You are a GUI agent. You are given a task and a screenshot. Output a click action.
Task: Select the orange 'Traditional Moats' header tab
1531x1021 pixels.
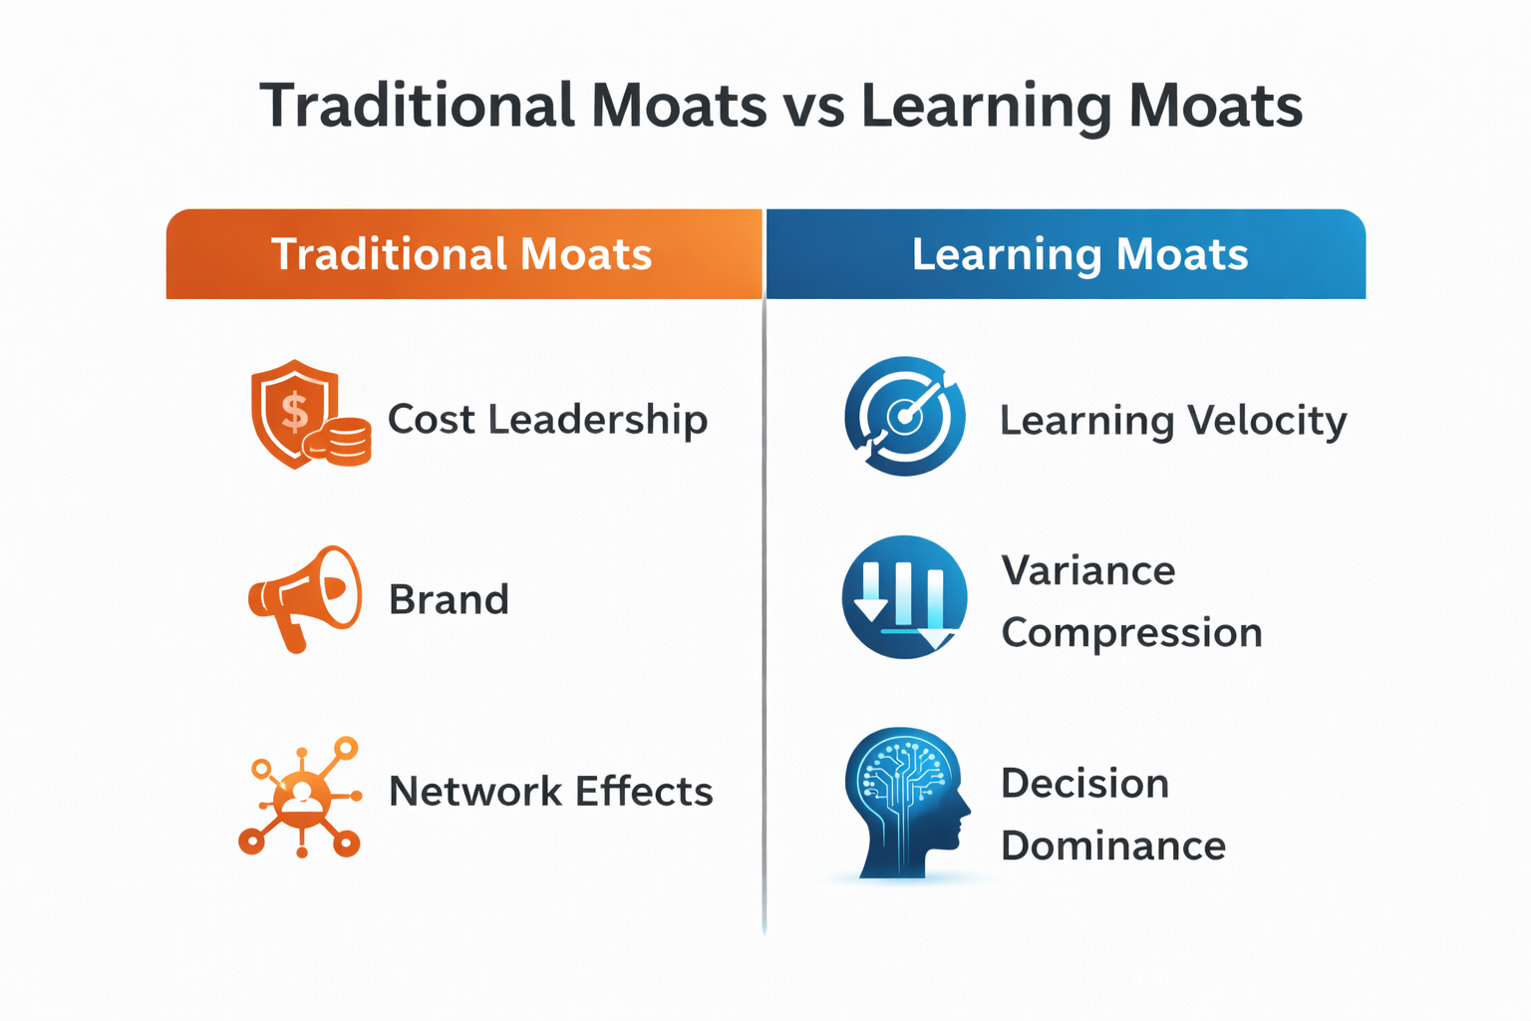(x=464, y=253)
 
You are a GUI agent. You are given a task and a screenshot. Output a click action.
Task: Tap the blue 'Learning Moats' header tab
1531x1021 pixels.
(x=1067, y=253)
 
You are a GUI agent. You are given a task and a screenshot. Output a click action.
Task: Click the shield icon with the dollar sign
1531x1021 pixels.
(x=295, y=413)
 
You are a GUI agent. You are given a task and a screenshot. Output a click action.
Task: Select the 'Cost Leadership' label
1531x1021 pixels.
(x=548, y=419)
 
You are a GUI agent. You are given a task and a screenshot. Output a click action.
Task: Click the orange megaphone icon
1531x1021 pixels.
(x=305, y=598)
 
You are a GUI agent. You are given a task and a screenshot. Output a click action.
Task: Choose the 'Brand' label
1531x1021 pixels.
(x=450, y=600)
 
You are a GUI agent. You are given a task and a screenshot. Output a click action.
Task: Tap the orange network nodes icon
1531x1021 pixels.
(x=300, y=798)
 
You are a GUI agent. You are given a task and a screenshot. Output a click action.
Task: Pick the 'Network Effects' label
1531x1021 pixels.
(x=551, y=792)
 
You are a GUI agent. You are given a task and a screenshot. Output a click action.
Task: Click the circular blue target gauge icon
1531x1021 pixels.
(x=905, y=416)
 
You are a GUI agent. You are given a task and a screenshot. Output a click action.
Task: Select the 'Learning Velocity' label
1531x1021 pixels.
(x=1173, y=421)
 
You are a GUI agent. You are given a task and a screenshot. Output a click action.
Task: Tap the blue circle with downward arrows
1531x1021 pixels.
(x=904, y=597)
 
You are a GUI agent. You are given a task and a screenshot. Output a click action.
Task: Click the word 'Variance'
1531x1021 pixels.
(x=1088, y=570)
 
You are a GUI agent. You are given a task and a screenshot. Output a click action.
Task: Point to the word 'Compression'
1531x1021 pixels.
(x=1132, y=633)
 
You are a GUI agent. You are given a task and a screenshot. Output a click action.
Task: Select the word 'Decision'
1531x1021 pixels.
(x=1085, y=783)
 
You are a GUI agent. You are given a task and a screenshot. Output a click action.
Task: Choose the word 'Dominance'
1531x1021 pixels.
(x=1113, y=846)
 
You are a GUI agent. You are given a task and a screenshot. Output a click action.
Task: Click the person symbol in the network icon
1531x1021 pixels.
(x=301, y=797)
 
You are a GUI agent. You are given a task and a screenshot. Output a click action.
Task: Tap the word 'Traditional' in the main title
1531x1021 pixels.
(x=417, y=106)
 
